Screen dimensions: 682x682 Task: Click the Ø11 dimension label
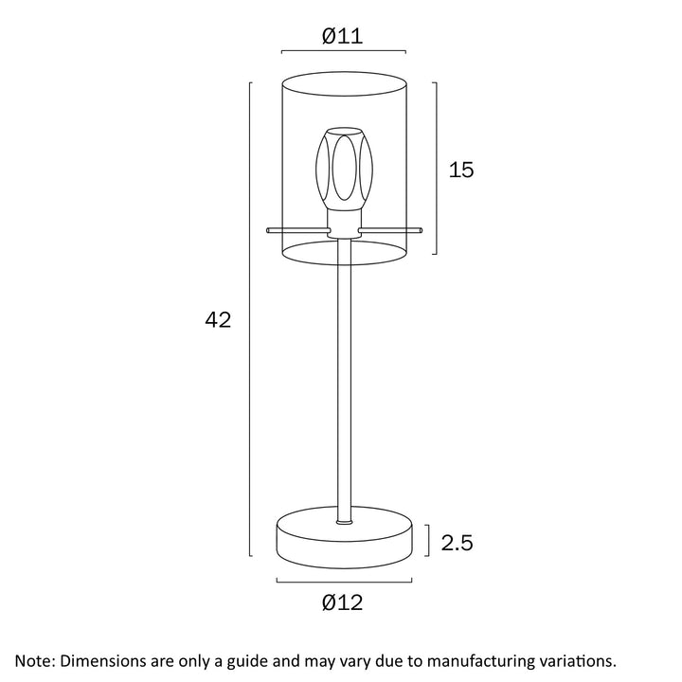342,36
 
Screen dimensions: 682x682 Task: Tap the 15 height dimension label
461,170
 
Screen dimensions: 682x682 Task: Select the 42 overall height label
218,320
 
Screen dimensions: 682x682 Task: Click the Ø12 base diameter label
342,602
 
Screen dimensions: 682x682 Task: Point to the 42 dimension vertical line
249,320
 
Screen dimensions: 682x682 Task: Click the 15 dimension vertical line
435,169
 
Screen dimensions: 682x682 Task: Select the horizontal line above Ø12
344,580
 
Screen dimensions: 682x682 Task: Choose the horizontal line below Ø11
344,52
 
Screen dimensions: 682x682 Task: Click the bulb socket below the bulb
343,222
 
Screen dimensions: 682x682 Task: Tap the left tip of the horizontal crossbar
269,228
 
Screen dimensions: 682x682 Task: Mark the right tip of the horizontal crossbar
419,228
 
